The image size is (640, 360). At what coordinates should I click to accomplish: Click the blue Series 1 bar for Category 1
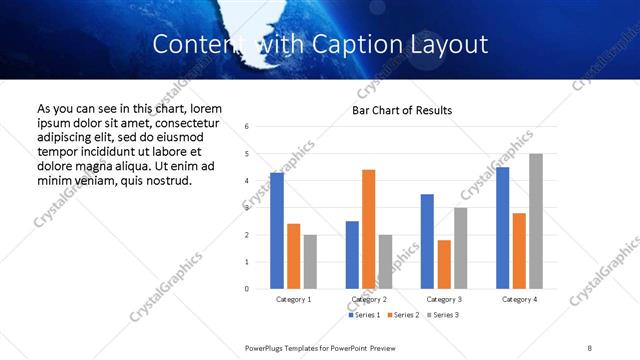pos(277,231)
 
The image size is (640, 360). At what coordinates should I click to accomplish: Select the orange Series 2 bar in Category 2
pos(368,229)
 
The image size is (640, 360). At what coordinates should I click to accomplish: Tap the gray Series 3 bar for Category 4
pos(536,221)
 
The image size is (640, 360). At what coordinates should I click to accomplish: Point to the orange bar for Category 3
pos(444,264)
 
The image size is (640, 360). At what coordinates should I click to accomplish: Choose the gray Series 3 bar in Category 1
pos(310,262)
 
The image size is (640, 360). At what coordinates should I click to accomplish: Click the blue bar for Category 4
pos(502,228)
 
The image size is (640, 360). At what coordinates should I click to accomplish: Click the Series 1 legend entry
pos(363,315)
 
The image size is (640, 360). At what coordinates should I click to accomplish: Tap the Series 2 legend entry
pos(401,315)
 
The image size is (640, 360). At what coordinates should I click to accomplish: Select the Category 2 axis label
pos(369,299)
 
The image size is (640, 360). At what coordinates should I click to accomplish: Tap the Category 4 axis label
pos(519,299)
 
